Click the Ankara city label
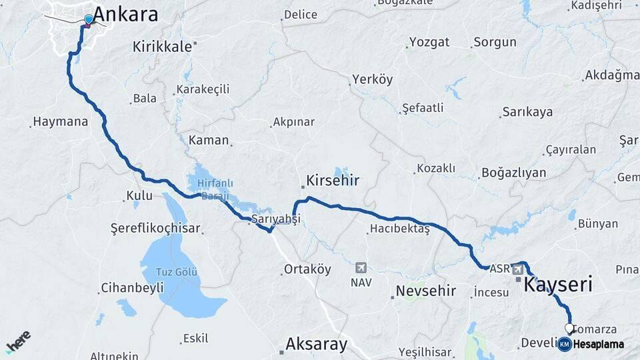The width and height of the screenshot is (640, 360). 125,14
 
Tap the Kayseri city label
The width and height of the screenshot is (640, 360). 558,285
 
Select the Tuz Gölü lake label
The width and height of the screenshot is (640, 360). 177,271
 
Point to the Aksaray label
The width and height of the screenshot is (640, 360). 316,344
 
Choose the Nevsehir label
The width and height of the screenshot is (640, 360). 425,291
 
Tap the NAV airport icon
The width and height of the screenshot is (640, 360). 361,267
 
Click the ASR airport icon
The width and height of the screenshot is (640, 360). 517,269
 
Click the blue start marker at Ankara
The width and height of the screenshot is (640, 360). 88,19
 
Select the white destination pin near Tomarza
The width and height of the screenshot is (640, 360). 570,328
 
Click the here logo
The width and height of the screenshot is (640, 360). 18,341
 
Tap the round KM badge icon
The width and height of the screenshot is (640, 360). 565,344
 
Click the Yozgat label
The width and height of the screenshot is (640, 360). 429,42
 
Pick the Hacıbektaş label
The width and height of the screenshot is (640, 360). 399,229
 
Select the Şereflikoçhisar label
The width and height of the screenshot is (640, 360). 155,228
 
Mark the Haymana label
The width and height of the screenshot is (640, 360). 60,122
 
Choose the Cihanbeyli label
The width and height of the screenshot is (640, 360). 131,289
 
